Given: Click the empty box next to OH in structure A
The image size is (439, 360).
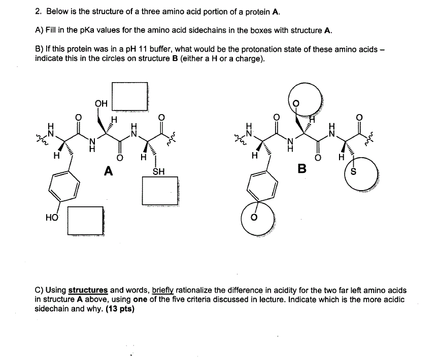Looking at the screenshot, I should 130,95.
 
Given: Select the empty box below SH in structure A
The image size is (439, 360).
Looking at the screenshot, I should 160,191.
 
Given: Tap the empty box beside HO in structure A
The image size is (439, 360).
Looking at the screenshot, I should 85,221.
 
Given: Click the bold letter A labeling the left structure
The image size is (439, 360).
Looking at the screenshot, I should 108,171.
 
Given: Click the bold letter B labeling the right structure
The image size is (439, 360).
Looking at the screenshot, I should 302,169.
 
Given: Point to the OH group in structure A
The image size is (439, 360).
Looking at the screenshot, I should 101,103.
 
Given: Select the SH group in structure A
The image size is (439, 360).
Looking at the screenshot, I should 158,171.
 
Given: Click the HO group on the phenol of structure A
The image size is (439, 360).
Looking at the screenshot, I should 51,217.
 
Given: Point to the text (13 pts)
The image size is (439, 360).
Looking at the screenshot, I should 120,308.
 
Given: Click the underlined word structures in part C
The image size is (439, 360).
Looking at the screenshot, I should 88,291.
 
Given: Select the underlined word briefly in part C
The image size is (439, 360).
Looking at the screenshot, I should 163,291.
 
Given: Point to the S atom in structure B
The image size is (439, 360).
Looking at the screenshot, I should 354,171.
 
